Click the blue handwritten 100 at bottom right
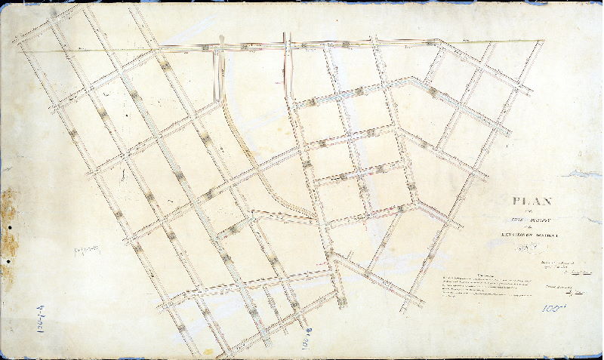click(x=553, y=308)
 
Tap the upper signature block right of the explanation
click(x=559, y=266)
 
